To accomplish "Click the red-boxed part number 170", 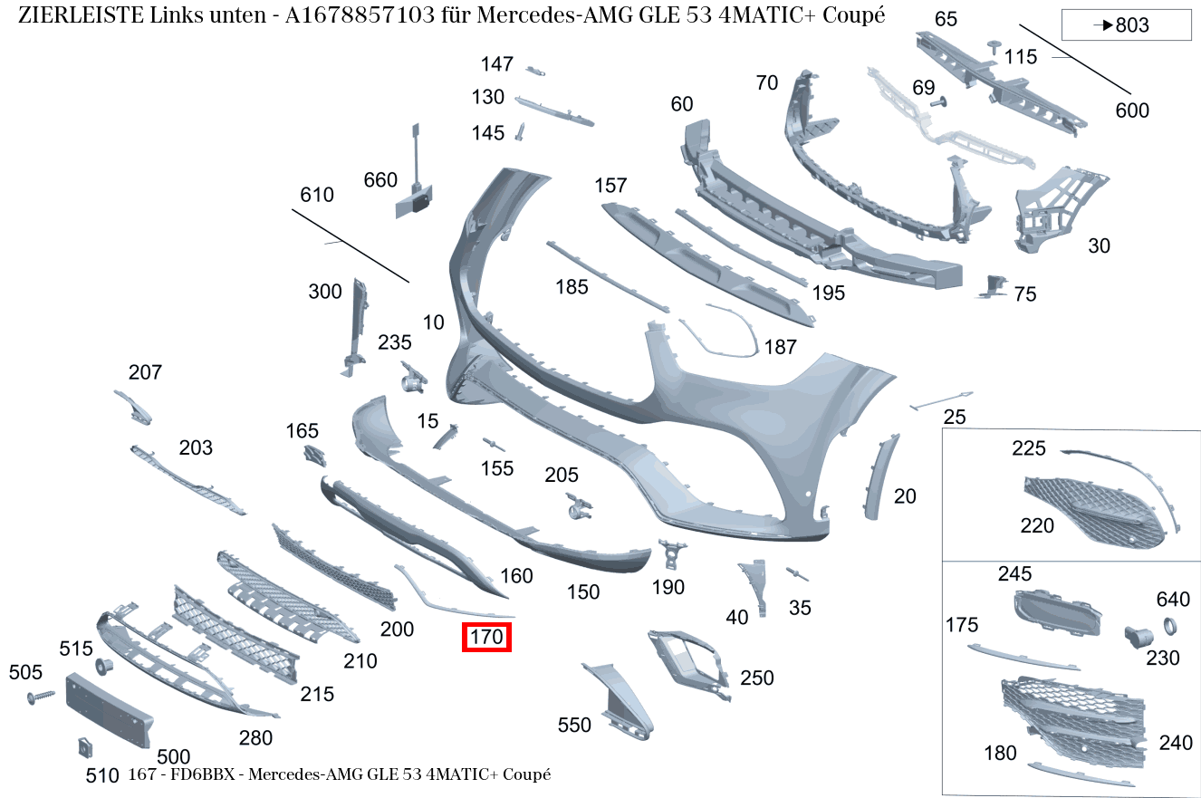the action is [x=486, y=637].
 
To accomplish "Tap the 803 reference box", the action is [x=1125, y=25].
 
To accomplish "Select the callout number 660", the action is [x=380, y=180].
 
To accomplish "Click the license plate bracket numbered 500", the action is [x=110, y=710].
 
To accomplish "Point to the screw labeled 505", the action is [x=42, y=697].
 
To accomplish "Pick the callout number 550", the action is [x=574, y=725].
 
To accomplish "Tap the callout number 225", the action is [x=1028, y=447].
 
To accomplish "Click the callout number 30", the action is [x=1099, y=245].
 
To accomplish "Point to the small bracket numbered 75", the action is [x=993, y=286].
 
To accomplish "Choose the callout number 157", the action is [x=610, y=186].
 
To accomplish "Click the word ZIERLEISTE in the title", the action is [x=76, y=15].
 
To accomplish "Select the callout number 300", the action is [x=325, y=292].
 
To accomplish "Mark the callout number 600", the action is [x=1132, y=111].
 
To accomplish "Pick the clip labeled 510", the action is [x=84, y=747].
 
